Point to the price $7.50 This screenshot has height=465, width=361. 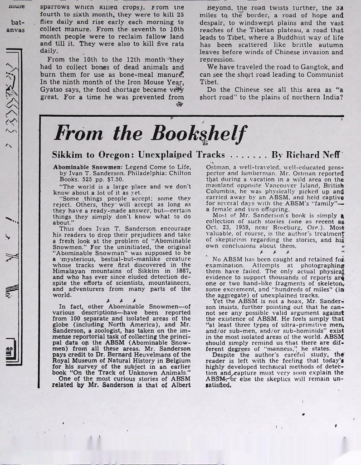pos(110,179)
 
